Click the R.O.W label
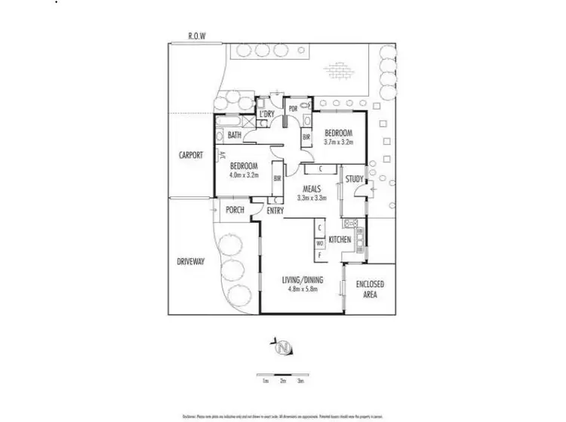(196, 35)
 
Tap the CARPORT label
(191, 155)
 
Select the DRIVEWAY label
(191, 261)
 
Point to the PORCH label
(235, 210)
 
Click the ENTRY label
(275, 211)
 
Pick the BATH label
(235, 136)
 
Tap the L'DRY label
(266, 115)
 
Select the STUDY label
(354, 179)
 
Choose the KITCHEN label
(340, 239)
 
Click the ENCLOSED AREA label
(371, 288)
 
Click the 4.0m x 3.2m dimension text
(244, 174)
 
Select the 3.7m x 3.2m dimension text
(339, 141)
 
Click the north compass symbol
(284, 348)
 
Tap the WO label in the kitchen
(320, 242)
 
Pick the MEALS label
(312, 189)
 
